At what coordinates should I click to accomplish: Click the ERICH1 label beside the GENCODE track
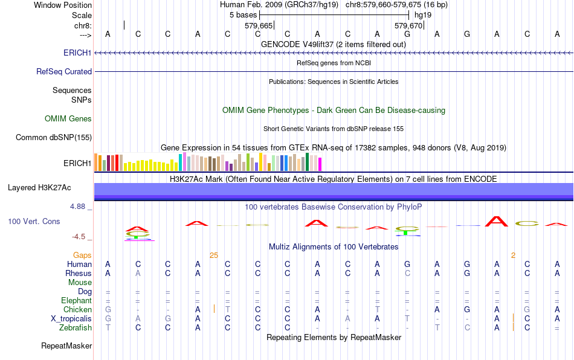click(77, 53)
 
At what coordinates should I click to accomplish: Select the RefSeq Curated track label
click(64, 71)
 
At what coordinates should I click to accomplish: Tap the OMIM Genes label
click(68, 119)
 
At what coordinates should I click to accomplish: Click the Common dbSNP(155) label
click(54, 138)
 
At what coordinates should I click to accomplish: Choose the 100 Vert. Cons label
click(34, 222)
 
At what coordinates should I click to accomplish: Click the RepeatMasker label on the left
click(66, 346)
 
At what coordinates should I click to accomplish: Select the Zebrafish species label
click(76, 328)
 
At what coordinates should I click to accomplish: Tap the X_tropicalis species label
click(71, 319)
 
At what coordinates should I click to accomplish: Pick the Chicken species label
click(77, 310)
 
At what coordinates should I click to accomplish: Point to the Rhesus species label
click(78, 274)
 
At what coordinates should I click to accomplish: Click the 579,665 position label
click(259, 26)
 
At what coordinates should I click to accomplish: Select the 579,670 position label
click(408, 26)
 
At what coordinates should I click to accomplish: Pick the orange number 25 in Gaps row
click(213, 256)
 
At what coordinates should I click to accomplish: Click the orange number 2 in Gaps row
click(513, 256)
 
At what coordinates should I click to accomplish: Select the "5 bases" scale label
click(243, 14)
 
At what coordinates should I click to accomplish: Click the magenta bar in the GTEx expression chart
click(320, 164)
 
